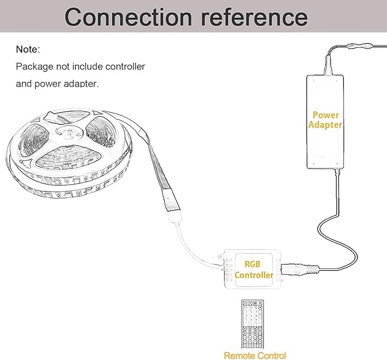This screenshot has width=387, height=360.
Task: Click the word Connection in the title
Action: pyautogui.click(x=128, y=17)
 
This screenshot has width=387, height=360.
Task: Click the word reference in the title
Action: pyautogui.click(x=254, y=17)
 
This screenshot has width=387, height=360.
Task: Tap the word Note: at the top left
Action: pyautogui.click(x=28, y=50)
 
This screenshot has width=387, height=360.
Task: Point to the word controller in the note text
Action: pyautogui.click(x=125, y=67)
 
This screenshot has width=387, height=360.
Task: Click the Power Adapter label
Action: pyautogui.click(x=325, y=120)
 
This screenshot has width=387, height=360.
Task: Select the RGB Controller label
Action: pyautogui.click(x=254, y=269)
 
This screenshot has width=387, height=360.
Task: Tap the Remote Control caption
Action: pyautogui.click(x=255, y=355)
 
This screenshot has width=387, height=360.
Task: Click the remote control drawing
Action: pyautogui.click(x=252, y=324)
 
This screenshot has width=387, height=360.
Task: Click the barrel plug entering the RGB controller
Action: pyautogui.click(x=300, y=269)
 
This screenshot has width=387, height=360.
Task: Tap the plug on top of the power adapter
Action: pyautogui.click(x=328, y=66)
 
